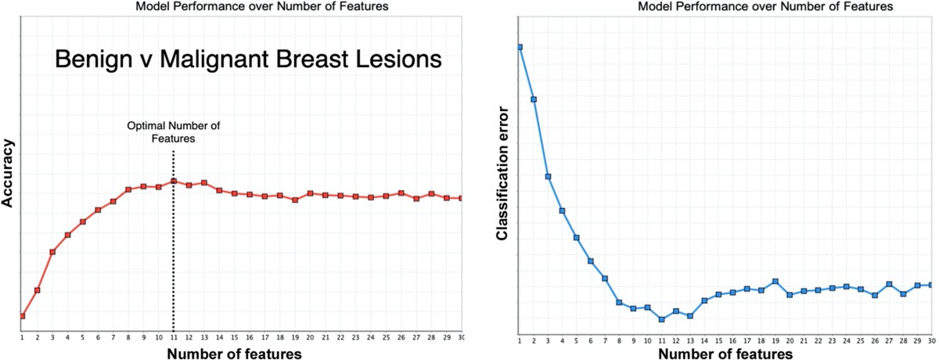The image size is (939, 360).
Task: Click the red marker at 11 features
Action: [x=174, y=181]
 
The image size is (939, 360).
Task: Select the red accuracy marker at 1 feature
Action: [x=22, y=316]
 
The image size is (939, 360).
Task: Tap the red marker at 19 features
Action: [x=295, y=200]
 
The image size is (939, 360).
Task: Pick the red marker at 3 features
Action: [x=52, y=252]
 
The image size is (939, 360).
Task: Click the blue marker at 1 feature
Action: [x=520, y=47]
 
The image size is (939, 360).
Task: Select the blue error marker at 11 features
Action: [x=661, y=319]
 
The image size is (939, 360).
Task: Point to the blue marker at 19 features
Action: [x=775, y=281]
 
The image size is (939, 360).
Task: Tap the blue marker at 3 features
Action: [x=548, y=176]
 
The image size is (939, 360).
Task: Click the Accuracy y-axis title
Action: [x=8, y=173]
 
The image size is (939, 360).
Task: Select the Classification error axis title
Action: [x=502, y=173]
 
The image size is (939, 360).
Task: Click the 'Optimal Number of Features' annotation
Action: [x=174, y=132]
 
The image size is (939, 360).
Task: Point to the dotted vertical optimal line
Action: [x=174, y=241]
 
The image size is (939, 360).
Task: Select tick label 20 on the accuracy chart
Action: [x=310, y=337]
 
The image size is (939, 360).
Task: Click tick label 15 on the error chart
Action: [x=718, y=341]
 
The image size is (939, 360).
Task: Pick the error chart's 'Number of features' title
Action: [x=725, y=354]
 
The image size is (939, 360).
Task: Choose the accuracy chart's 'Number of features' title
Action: [x=234, y=354]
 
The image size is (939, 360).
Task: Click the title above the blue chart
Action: [x=765, y=6]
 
